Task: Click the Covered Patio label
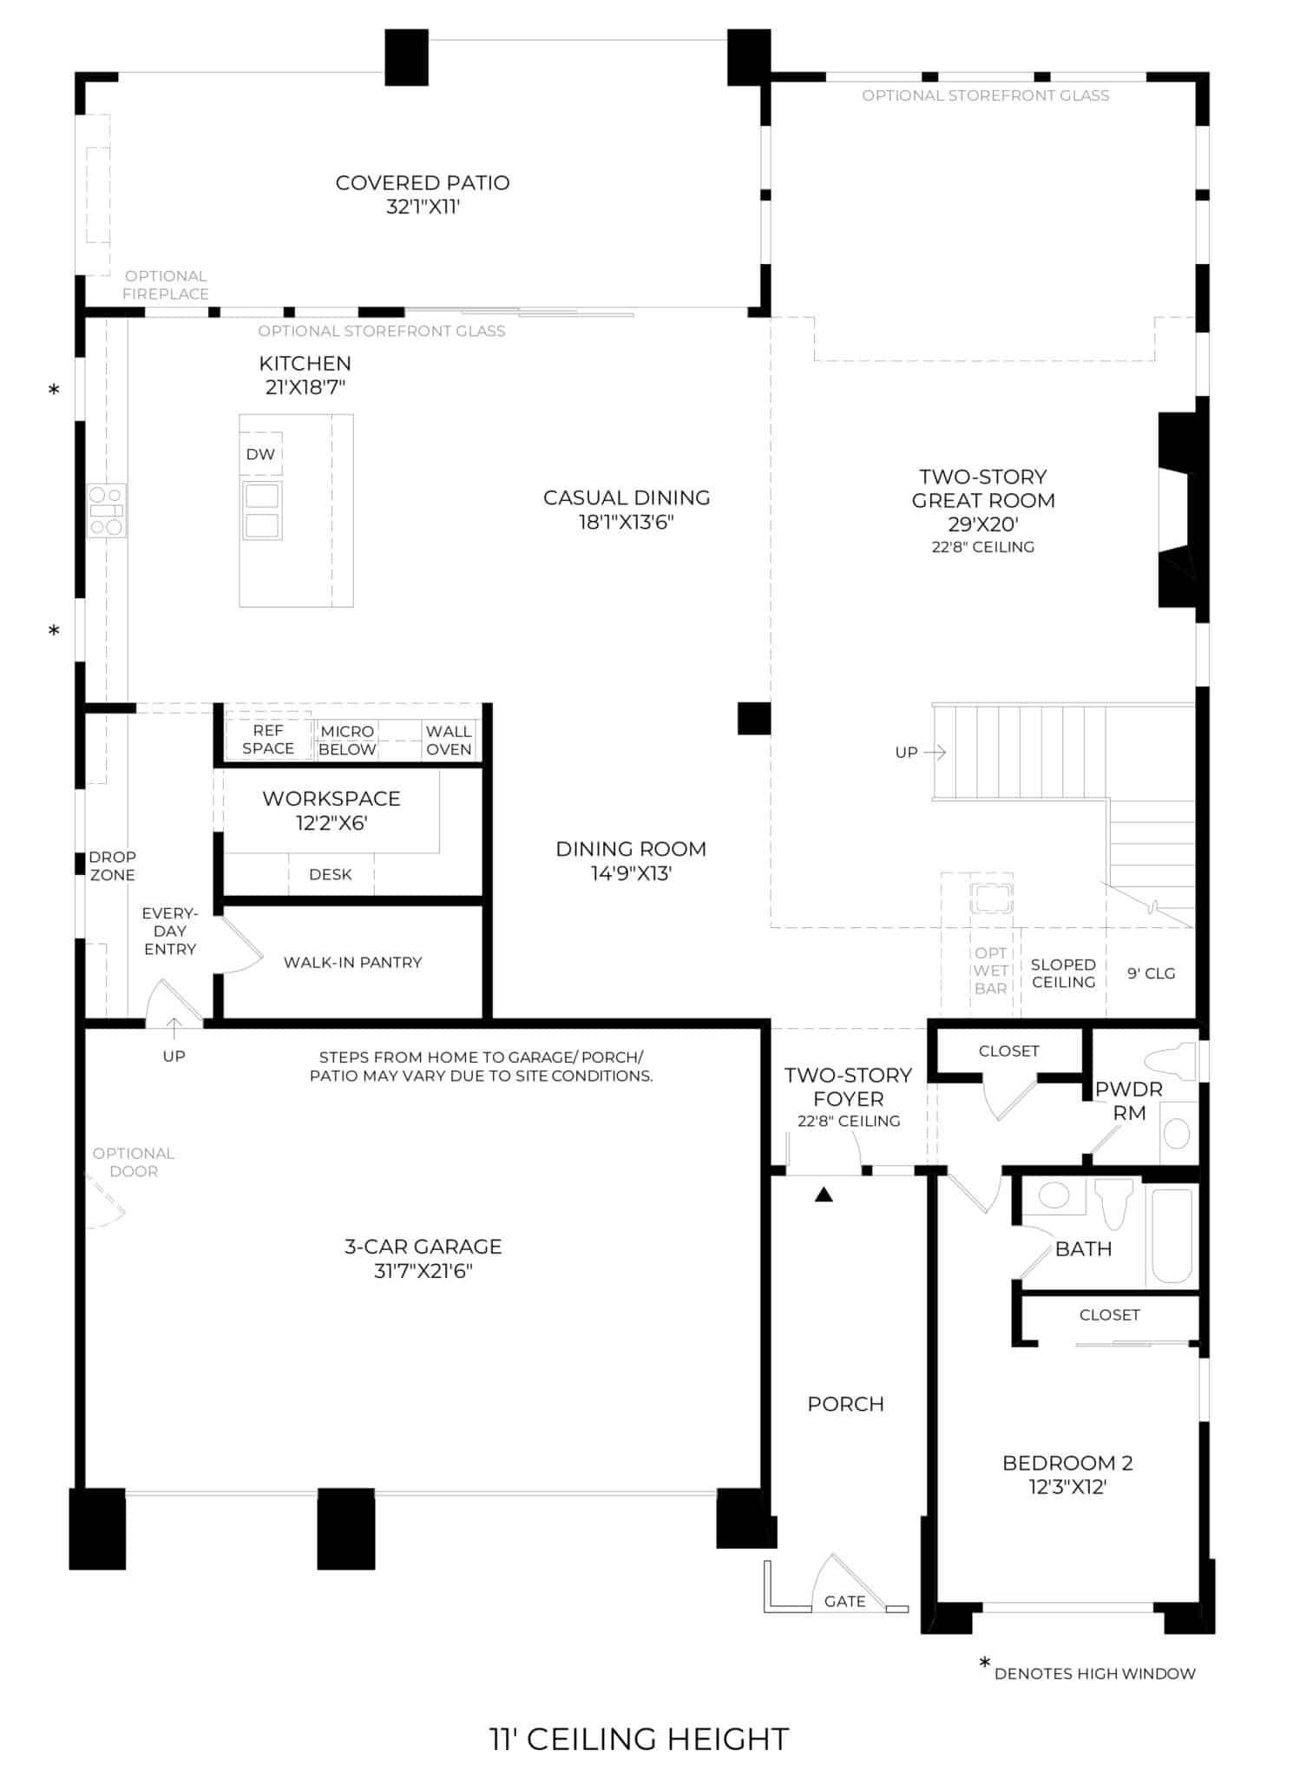(x=423, y=183)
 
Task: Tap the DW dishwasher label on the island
(x=260, y=454)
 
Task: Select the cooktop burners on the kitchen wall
(x=107, y=510)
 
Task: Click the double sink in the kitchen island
(x=262, y=510)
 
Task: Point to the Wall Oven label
(x=449, y=741)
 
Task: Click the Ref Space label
(x=268, y=740)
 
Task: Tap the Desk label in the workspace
(x=330, y=874)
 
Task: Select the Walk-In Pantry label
(x=352, y=962)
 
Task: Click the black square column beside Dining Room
(x=753, y=718)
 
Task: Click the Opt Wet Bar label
(x=990, y=971)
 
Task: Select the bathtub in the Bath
(x=1172, y=1235)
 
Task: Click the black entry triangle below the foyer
(x=824, y=1195)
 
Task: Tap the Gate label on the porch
(x=844, y=1601)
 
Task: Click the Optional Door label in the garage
(x=134, y=1162)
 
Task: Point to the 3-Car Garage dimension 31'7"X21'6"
(x=423, y=1271)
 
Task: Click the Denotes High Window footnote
(x=1094, y=1673)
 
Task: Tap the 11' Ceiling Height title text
(x=640, y=1739)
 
